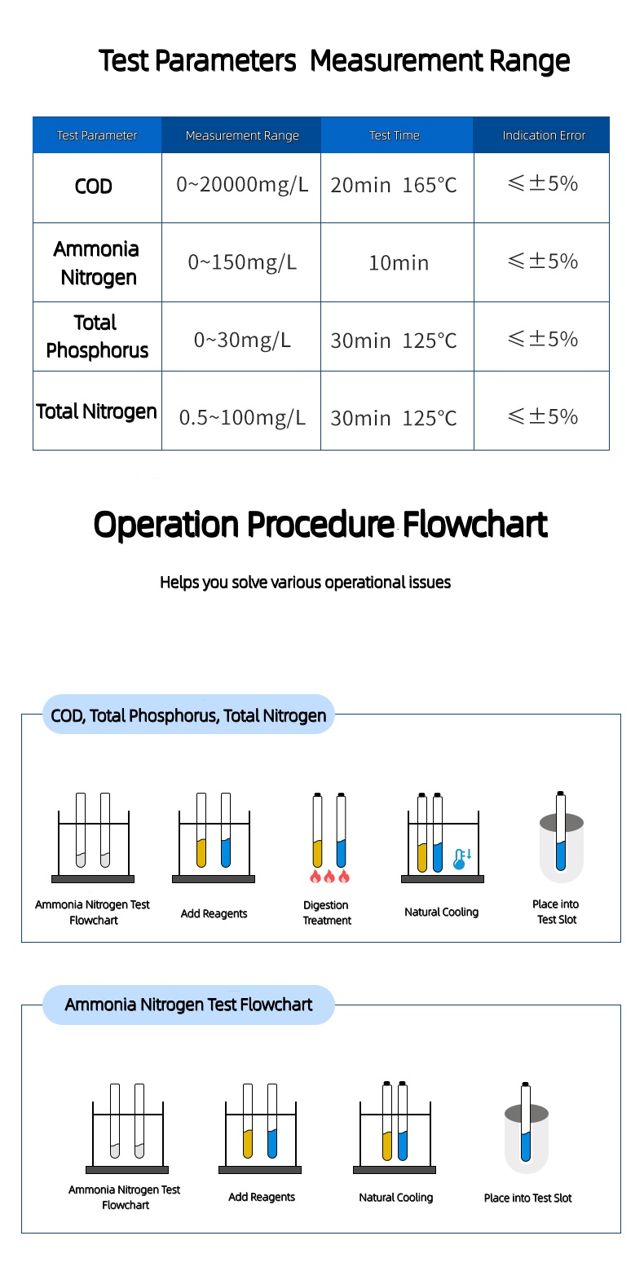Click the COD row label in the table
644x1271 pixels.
94,187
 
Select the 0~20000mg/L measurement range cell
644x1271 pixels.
242,185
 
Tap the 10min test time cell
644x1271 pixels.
398,262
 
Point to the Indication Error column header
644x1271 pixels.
543,135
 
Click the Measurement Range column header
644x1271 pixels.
242,135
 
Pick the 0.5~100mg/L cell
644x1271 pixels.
242,418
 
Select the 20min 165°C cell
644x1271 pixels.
394,185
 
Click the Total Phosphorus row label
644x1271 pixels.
97,336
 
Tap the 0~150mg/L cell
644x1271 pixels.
242,262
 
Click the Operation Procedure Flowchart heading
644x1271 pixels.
320,525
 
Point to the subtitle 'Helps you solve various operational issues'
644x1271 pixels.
305,583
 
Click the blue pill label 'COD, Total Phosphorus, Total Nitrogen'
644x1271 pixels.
188,715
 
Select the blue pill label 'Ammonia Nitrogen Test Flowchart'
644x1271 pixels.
188,1005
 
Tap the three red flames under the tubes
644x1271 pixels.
329,877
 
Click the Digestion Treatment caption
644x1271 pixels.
327,913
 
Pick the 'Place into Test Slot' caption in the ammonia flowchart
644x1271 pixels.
527,1198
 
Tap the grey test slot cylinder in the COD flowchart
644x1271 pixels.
561,847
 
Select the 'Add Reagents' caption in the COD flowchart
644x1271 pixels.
214,913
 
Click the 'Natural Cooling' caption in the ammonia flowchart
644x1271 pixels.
395,1197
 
